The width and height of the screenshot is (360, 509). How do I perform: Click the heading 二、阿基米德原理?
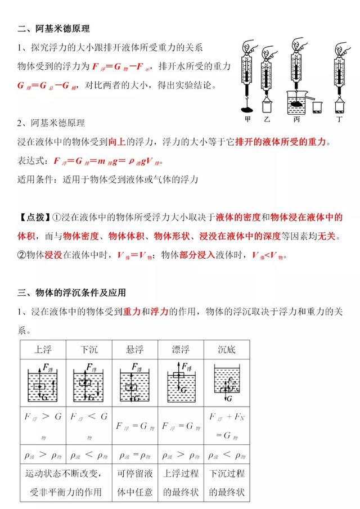click(x=54, y=28)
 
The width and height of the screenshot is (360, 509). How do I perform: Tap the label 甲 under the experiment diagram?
click(x=247, y=119)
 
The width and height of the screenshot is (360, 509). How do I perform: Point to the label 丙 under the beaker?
click(x=296, y=119)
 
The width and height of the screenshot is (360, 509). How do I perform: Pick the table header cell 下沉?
click(x=89, y=349)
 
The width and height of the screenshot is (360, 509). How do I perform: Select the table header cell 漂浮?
click(x=181, y=349)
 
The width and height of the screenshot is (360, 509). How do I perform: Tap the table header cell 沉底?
click(x=227, y=349)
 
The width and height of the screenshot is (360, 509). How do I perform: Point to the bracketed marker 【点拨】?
click(x=32, y=217)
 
